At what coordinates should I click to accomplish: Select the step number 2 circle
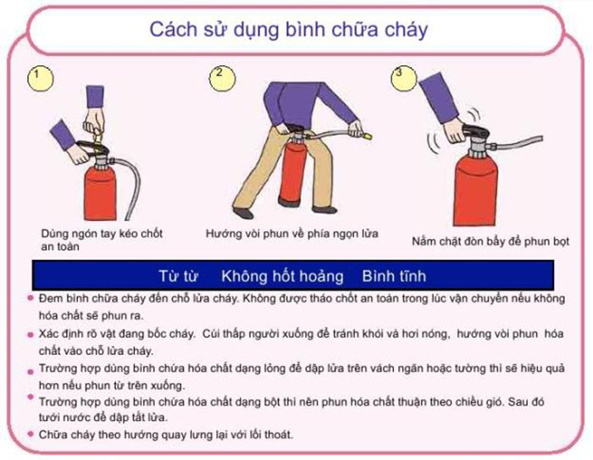click(219, 74)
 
